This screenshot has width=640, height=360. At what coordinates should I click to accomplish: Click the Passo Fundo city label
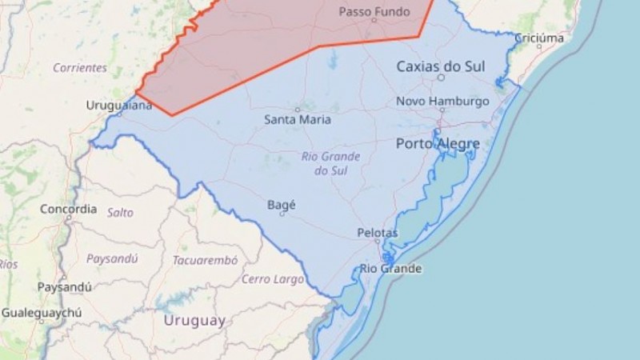(374, 12)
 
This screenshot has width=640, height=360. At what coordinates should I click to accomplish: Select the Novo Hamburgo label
(442, 102)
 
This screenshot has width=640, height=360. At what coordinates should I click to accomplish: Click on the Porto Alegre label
(438, 144)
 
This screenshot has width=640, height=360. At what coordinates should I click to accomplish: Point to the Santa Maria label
(297, 120)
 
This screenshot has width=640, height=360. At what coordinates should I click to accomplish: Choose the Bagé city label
(282, 205)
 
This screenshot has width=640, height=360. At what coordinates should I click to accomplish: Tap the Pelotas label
(377, 233)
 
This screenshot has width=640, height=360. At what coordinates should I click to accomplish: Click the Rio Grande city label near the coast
(390, 269)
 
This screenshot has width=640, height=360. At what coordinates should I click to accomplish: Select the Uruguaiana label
(119, 105)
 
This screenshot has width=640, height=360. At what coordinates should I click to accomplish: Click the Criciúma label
(538, 38)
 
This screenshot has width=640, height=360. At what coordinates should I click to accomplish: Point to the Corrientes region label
(80, 68)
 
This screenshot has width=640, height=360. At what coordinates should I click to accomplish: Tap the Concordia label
(68, 210)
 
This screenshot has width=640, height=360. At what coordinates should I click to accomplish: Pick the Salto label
(120, 213)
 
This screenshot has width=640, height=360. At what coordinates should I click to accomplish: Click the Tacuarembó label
(206, 260)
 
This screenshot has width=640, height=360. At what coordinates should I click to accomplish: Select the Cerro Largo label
(273, 279)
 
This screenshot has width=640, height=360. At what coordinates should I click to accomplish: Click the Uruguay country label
(194, 321)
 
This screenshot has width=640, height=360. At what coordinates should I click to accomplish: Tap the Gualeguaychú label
(41, 313)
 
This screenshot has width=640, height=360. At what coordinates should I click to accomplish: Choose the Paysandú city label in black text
(64, 286)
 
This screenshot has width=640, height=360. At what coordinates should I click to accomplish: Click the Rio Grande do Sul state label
(330, 163)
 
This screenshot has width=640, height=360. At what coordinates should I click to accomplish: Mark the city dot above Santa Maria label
(298, 110)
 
